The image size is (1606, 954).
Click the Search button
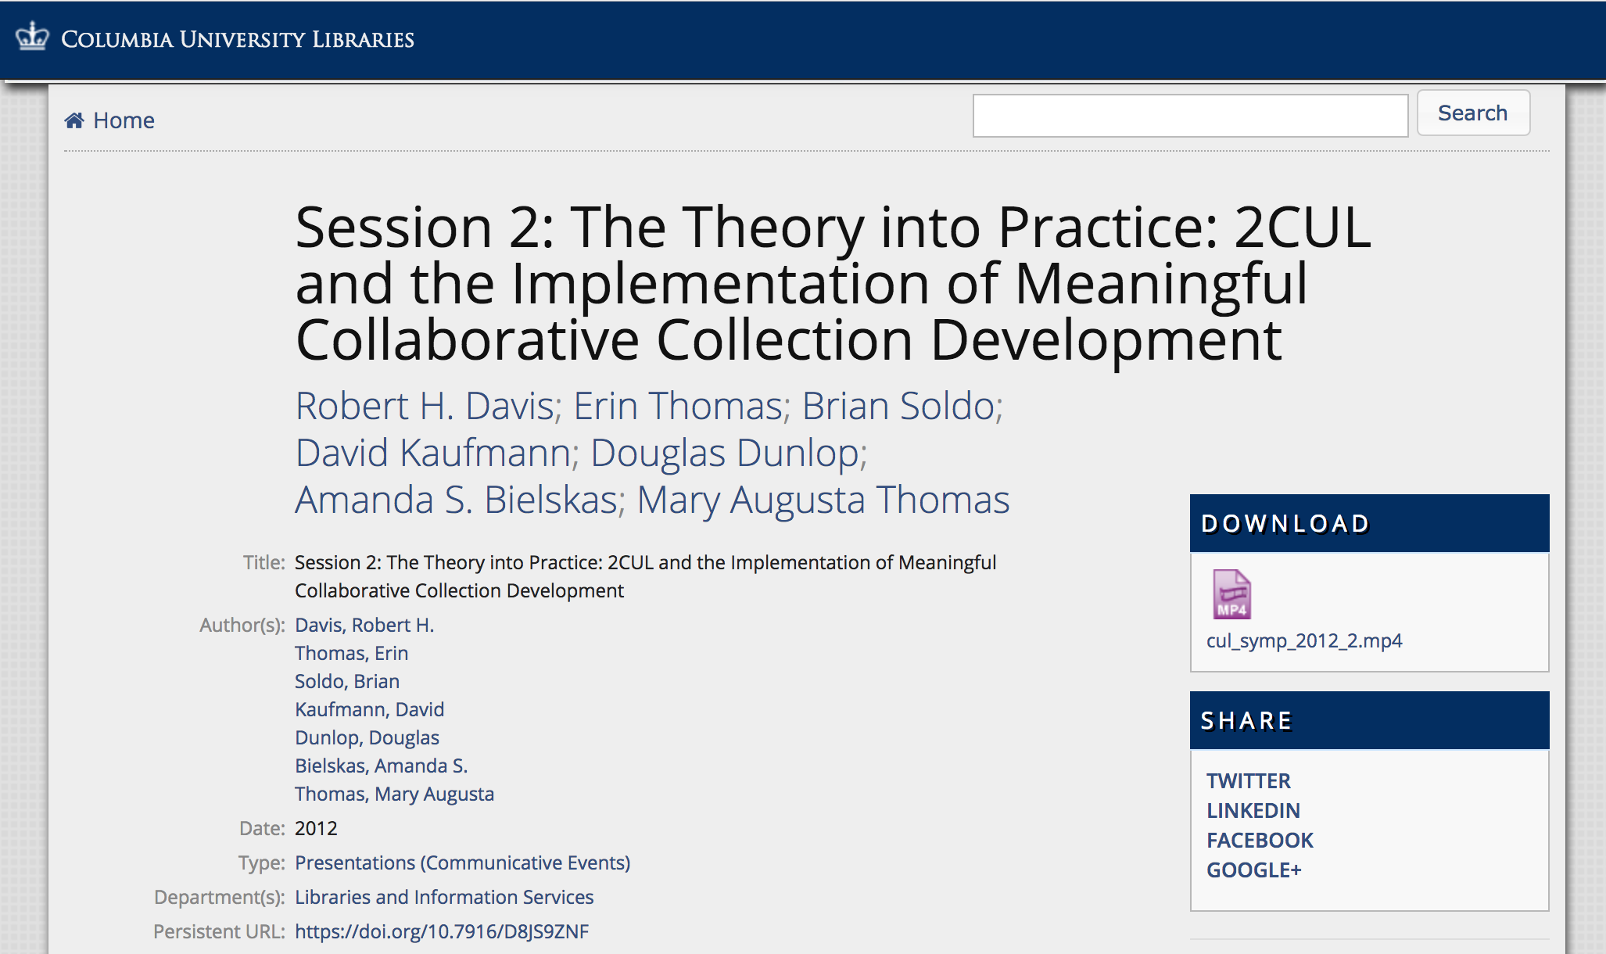1472,113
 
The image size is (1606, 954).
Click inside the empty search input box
1189,116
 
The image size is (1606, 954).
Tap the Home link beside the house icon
124,120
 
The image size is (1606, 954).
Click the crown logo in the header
32,37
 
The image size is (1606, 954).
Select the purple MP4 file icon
1231,594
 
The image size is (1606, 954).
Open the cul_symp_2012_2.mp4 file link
1303,641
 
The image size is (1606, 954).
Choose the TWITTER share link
1248,781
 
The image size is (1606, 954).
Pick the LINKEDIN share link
1253,811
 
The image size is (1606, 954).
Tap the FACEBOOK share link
1260,841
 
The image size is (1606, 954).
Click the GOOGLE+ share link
1253,870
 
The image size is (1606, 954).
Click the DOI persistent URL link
441,931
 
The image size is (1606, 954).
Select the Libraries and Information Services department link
443,897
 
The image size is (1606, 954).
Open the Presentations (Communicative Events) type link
462,863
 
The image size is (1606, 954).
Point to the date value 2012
316,828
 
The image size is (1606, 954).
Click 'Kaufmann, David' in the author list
369,709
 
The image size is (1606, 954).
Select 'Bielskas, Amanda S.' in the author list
381,766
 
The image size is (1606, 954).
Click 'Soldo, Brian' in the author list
346,681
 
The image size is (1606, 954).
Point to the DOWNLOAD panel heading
1285,523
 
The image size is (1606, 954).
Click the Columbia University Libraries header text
238,39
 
